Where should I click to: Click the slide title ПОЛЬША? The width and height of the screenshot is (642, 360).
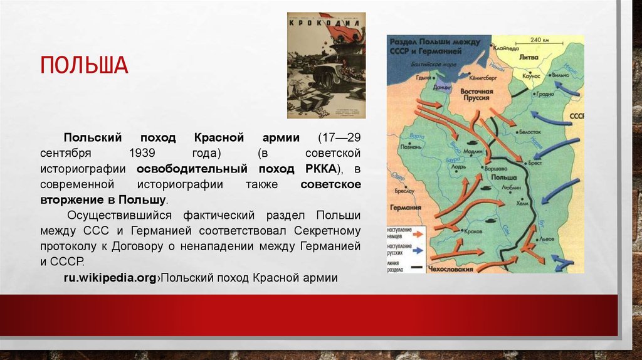[84, 65]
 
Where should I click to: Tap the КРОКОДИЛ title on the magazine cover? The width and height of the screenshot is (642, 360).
[326, 22]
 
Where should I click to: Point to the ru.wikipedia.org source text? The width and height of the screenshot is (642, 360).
[109, 277]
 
